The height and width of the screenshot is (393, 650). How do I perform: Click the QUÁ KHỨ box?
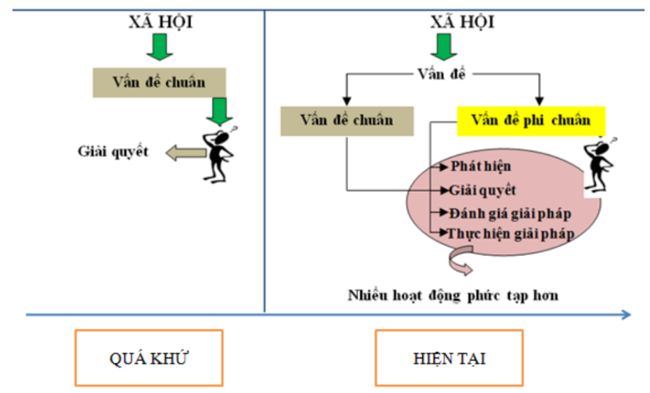click(x=148, y=358)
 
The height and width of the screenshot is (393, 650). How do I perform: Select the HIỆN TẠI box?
click(x=449, y=358)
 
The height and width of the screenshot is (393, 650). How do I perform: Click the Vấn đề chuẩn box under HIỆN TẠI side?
click(x=347, y=120)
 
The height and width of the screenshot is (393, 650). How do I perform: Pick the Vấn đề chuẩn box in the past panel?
click(x=159, y=82)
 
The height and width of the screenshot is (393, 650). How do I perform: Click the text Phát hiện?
click(x=481, y=166)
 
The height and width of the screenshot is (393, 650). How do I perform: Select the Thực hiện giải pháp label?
click(x=510, y=233)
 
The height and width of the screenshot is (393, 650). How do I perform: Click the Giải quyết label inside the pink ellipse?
click(x=482, y=190)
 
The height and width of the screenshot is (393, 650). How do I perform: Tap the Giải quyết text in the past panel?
click(x=113, y=151)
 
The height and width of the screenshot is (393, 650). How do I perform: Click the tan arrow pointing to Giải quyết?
click(x=184, y=151)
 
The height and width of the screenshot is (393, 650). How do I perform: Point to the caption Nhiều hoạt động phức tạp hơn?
click(x=453, y=295)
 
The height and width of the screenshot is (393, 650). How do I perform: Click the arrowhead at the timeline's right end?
click(x=625, y=314)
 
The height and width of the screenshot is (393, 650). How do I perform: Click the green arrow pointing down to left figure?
click(x=217, y=111)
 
